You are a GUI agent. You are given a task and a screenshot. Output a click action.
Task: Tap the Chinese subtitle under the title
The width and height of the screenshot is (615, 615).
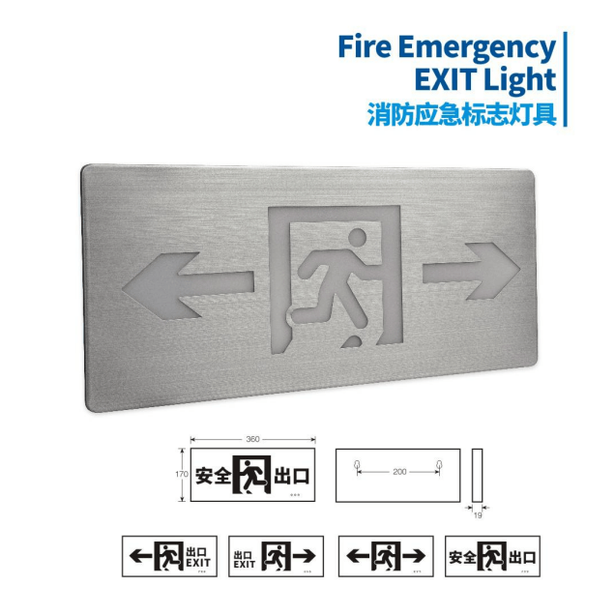pos(462,114)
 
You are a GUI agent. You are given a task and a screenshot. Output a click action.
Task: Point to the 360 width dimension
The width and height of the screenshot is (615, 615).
pos(252,439)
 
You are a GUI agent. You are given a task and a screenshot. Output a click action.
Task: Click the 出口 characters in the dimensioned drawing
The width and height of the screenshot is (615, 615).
pos(292,475)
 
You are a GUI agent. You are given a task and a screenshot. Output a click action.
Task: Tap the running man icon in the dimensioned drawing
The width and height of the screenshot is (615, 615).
pos(254,475)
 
